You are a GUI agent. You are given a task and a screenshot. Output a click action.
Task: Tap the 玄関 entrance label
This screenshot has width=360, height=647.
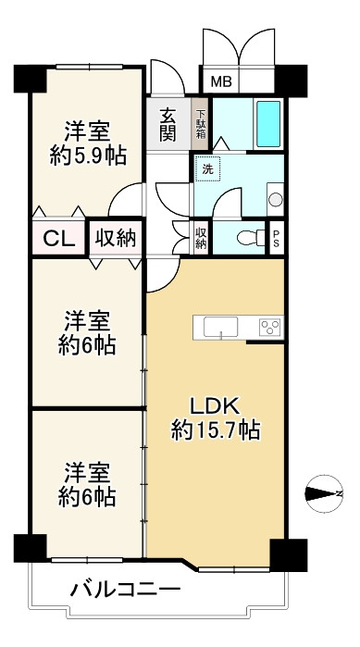168,124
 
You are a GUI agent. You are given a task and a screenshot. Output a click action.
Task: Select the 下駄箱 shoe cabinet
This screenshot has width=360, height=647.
200,124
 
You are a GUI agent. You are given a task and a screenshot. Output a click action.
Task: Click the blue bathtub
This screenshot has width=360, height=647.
268,124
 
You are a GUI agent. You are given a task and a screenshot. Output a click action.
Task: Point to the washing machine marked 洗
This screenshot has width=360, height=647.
208,168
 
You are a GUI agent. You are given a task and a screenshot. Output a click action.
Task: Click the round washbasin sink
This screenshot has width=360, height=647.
275,200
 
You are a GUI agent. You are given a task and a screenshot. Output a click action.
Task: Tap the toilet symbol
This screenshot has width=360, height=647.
251,238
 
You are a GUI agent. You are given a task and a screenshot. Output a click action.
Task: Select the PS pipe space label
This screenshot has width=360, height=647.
277,238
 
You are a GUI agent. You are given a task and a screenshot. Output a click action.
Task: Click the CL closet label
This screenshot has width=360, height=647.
59,239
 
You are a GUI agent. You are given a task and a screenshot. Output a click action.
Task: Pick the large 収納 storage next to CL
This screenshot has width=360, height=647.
116,238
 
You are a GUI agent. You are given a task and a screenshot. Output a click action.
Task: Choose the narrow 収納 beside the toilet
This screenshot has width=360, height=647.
201,238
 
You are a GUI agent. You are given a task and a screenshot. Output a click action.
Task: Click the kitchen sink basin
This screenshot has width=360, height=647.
220,327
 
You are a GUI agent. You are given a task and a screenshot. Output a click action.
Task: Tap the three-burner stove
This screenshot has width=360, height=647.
270,328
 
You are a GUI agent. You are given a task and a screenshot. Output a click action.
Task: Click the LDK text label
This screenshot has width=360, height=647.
215,407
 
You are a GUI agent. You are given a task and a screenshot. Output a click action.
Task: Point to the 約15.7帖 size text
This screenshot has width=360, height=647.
216,430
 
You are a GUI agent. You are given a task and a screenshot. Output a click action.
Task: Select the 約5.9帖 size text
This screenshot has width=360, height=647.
88,156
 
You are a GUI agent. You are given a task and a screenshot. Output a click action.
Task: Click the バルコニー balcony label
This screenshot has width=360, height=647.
125,590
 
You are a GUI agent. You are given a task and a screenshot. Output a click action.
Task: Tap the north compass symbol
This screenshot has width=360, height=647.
326,493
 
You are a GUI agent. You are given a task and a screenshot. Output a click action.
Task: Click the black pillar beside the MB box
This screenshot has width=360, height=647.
291,81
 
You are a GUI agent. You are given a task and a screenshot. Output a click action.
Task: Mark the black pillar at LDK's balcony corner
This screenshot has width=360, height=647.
288,555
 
